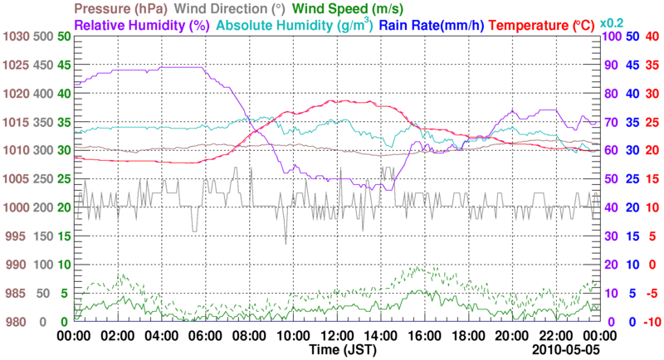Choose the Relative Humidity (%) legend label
(141, 26)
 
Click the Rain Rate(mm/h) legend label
(432, 26)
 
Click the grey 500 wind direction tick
(42, 36)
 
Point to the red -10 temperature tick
(649, 322)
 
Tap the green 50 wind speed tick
(63, 36)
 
